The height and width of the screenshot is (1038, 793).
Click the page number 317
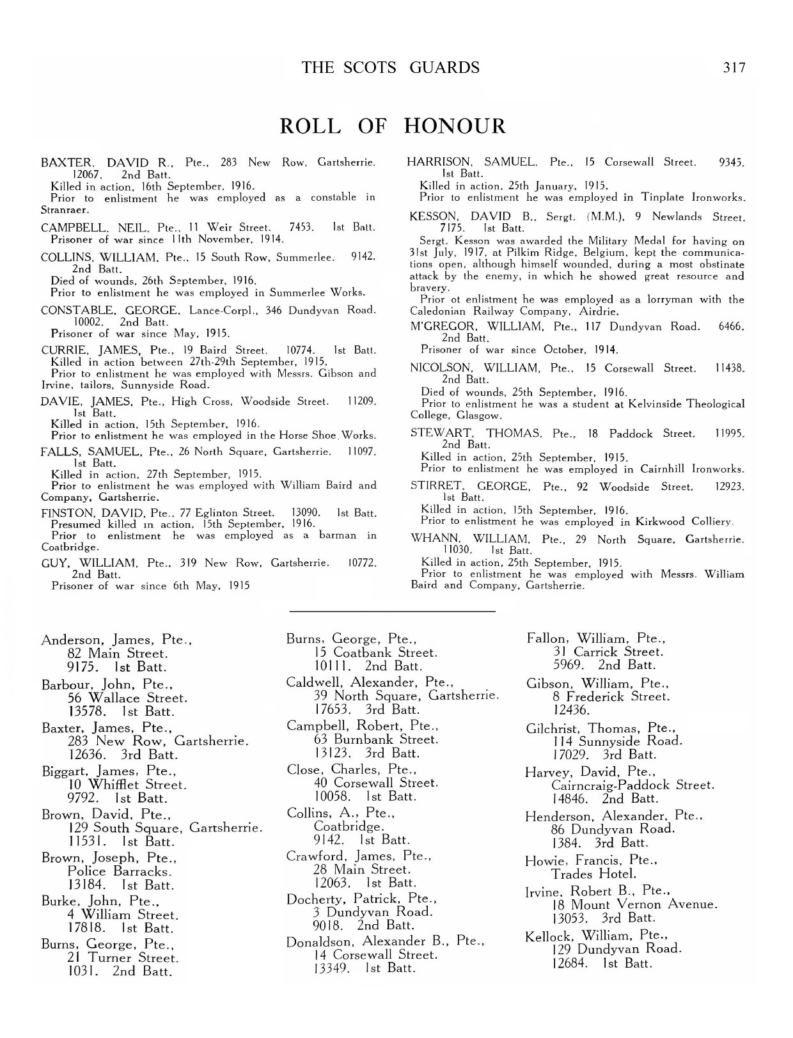pyautogui.click(x=734, y=67)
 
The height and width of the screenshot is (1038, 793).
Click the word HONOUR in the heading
pyautogui.click(x=455, y=126)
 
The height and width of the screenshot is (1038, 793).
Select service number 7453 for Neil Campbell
pyautogui.click(x=301, y=227)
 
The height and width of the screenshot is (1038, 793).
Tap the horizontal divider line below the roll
pyautogui.click(x=393, y=612)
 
